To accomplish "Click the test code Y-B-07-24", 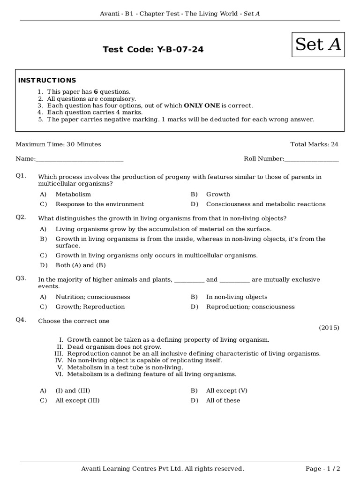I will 153,49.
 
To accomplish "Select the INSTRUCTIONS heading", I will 47,81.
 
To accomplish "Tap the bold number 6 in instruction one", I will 96,92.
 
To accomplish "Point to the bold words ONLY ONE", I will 202,106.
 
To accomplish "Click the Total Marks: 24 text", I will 314,144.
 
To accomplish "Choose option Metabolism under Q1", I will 73,194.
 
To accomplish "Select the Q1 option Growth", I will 218,194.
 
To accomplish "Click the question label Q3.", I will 21,278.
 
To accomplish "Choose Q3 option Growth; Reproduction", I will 90,307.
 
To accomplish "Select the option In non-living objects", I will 237,297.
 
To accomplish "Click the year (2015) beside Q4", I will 329,328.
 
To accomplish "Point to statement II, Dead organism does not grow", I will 114,347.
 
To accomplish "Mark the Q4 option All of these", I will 223,401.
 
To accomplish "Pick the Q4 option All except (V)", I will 227,391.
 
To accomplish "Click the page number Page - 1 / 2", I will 322,469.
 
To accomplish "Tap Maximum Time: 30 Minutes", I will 58,144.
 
